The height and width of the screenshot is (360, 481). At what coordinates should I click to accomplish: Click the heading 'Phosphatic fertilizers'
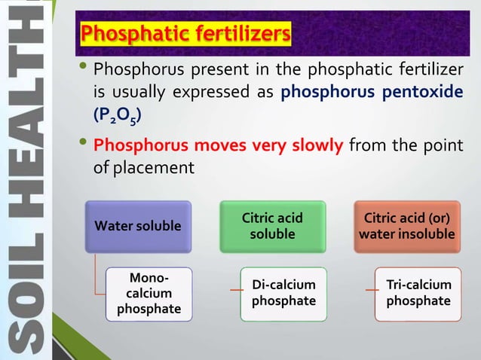click(185, 34)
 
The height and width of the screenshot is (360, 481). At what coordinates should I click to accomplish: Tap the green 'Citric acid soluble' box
click(272, 226)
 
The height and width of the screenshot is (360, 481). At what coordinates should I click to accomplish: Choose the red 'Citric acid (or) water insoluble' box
click(406, 226)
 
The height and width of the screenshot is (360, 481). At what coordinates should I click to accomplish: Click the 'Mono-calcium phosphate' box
click(149, 292)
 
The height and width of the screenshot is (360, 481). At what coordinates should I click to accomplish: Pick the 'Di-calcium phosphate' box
click(283, 294)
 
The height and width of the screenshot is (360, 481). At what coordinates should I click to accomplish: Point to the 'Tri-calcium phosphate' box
click(418, 294)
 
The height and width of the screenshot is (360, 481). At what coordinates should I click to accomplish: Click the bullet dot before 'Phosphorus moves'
click(83, 144)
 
